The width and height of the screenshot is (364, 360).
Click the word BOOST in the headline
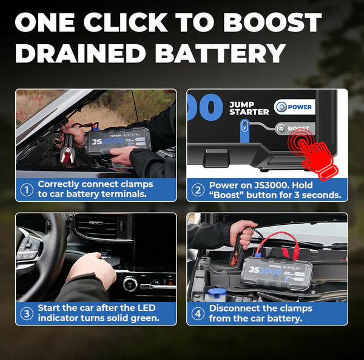click(x=272, y=22)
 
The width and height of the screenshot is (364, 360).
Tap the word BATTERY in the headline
click(x=220, y=53)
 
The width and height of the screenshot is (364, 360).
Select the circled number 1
click(x=27, y=190)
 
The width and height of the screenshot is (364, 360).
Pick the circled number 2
click(x=198, y=190)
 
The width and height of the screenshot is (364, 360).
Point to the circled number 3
click(x=27, y=314)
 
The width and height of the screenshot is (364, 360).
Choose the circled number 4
click(x=198, y=314)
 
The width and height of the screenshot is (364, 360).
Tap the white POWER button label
click(x=295, y=107)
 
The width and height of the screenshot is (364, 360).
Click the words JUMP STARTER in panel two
click(x=249, y=108)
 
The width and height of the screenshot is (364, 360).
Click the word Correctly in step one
click(x=58, y=184)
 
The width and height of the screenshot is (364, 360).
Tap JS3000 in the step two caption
click(x=272, y=185)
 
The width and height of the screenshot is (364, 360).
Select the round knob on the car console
click(x=130, y=284)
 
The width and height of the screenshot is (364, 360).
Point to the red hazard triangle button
click(x=170, y=283)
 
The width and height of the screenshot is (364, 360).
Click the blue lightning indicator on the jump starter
click(x=244, y=127)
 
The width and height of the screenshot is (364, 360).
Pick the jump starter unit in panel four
click(x=276, y=274)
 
